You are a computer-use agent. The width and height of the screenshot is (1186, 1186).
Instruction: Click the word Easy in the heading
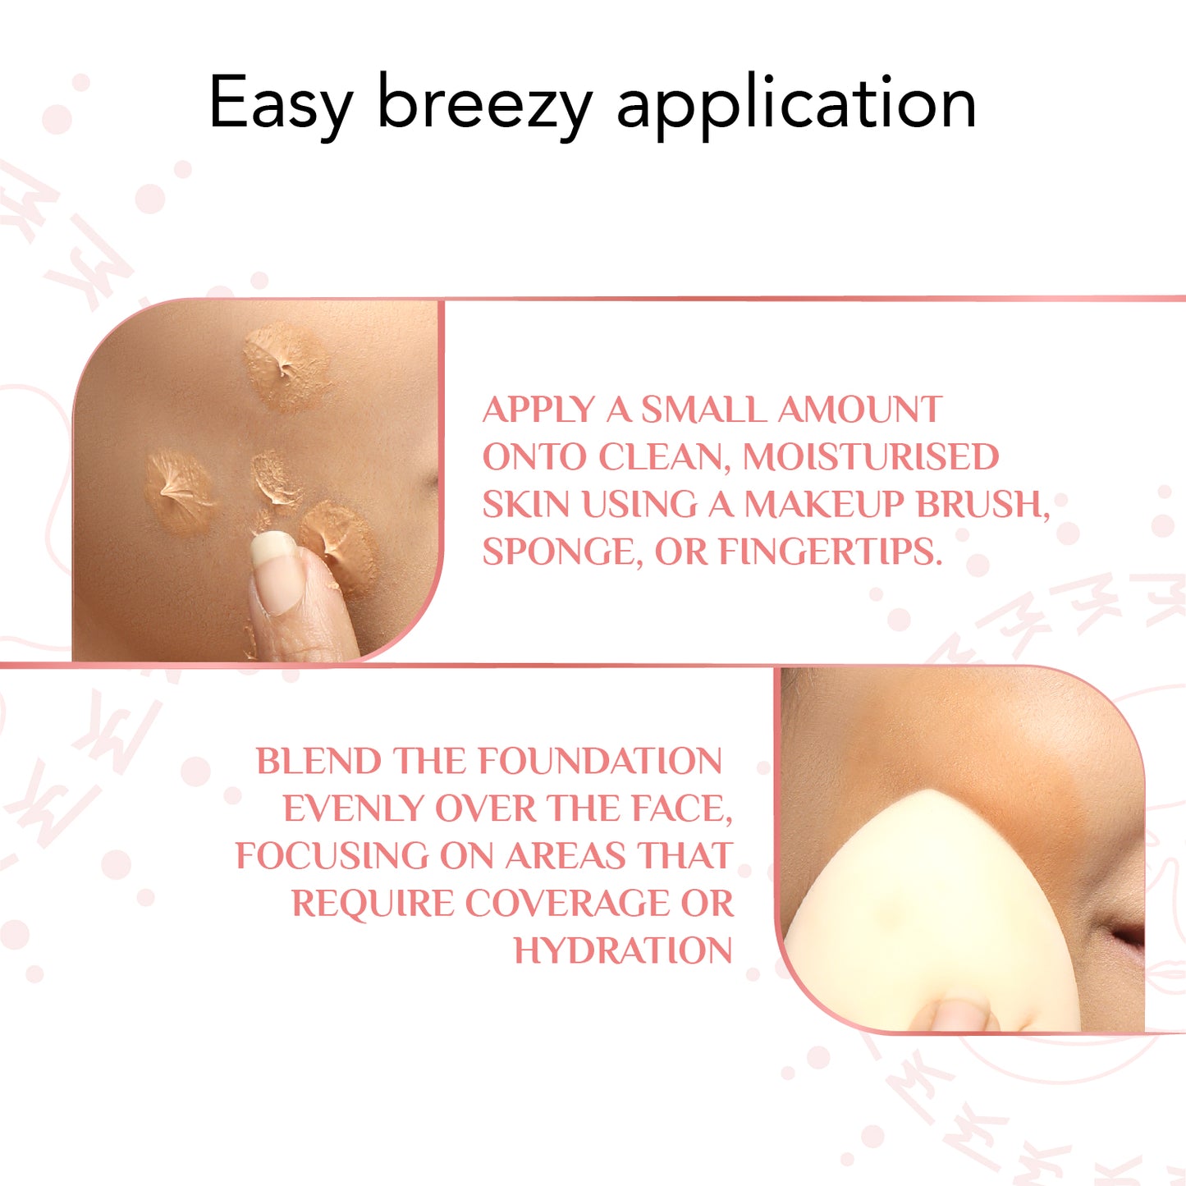pos(281,104)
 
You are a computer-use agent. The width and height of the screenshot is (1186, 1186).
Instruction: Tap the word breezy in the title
pos(484,104)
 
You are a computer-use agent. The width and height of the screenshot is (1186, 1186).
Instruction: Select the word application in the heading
pos(796,104)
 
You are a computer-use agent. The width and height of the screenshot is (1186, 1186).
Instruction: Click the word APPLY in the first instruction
pos(538,410)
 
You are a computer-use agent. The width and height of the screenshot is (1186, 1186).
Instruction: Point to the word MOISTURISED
pos(871,457)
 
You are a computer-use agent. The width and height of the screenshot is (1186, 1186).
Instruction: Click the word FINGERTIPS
pos(831,552)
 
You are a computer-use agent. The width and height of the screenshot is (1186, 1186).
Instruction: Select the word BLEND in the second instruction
pos(318,762)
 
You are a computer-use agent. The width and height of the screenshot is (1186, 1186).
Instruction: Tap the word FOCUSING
pos(331,856)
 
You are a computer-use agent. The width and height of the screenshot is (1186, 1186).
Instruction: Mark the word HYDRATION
pos(623,950)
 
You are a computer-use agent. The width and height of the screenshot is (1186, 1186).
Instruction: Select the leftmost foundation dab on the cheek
pos(179,491)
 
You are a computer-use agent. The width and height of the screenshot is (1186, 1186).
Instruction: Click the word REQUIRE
pos(372,904)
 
